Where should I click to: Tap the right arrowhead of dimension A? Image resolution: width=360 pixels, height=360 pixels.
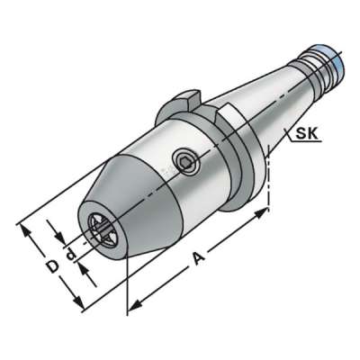click(x=265, y=212)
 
